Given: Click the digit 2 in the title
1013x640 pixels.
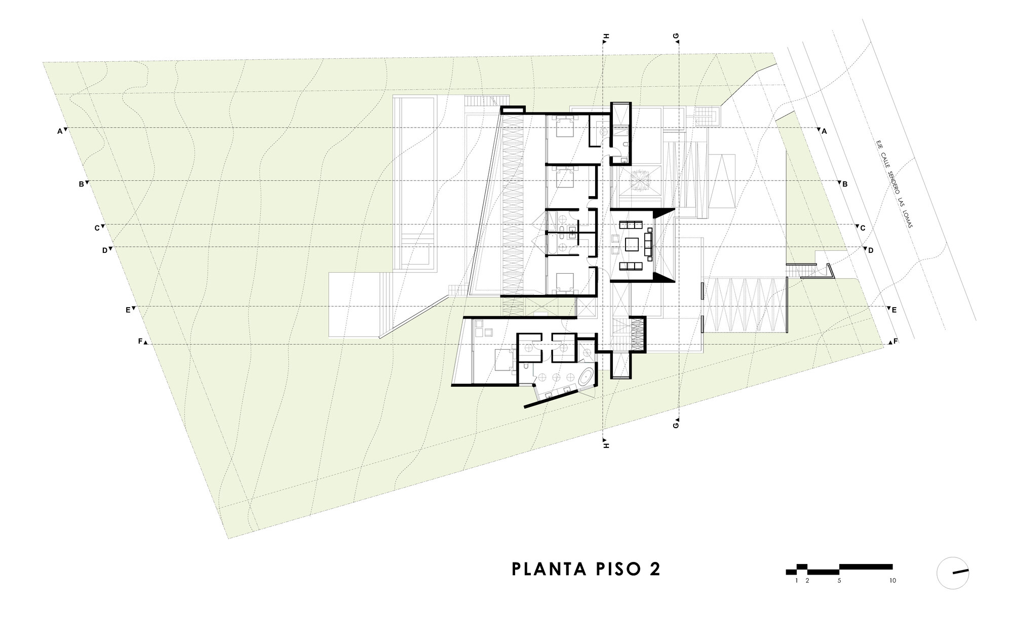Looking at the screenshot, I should [x=654, y=569].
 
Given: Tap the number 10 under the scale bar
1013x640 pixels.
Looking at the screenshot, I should [x=892, y=581].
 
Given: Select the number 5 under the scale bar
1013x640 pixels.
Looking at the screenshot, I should [x=839, y=581].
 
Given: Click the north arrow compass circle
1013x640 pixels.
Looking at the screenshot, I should [x=953, y=573].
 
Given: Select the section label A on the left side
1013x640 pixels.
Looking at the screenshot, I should [x=59, y=131].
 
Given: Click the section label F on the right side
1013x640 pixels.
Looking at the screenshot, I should [x=895, y=341].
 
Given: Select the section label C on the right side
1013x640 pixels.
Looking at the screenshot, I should [x=863, y=228].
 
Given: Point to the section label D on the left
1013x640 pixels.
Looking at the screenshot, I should [x=105, y=250].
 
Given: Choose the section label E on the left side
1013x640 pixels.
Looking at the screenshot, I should [x=128, y=310].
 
